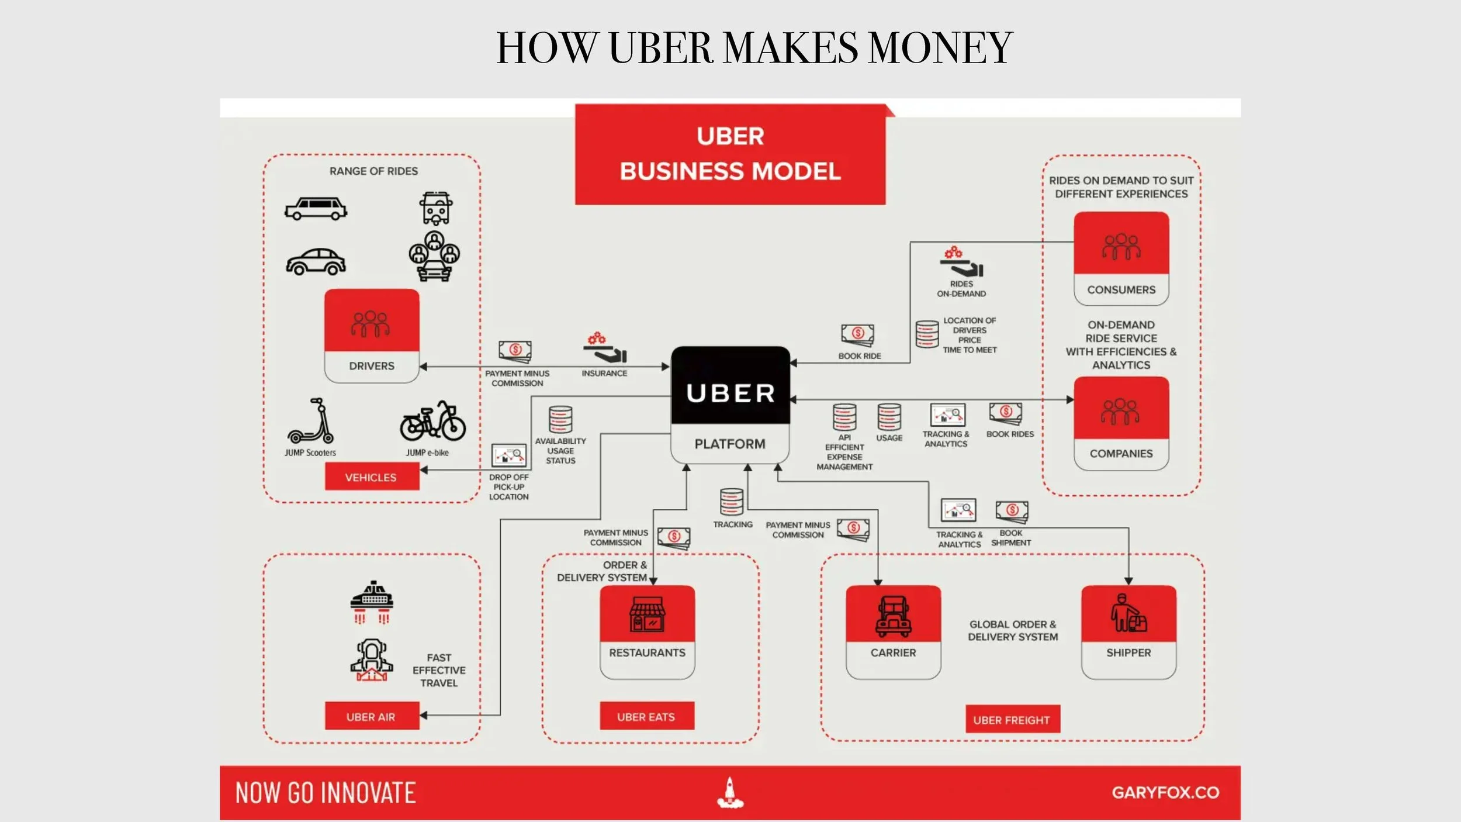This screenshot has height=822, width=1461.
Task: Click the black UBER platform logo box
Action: (730, 386)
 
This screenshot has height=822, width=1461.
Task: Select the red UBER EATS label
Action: (646, 716)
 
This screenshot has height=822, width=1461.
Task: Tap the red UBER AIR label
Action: (372, 716)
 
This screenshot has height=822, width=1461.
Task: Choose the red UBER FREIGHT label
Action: (1012, 720)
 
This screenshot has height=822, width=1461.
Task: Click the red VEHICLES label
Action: (372, 477)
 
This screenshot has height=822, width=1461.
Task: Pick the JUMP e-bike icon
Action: (432, 421)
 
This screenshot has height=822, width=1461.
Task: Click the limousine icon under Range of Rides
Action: (316, 209)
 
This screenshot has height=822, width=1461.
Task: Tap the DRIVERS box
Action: (372, 336)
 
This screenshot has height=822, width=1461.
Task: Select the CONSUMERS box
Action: (1121, 258)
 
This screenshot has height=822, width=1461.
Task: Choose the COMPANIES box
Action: (1121, 423)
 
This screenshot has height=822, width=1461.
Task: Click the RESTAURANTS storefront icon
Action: (647, 614)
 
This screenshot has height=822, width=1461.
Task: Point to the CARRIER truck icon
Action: (893, 616)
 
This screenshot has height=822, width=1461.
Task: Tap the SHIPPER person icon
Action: (1128, 613)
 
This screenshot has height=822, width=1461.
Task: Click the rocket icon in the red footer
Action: (730, 793)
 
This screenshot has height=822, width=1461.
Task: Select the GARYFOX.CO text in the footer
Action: (1165, 793)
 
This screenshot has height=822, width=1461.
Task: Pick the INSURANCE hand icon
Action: (605, 348)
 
